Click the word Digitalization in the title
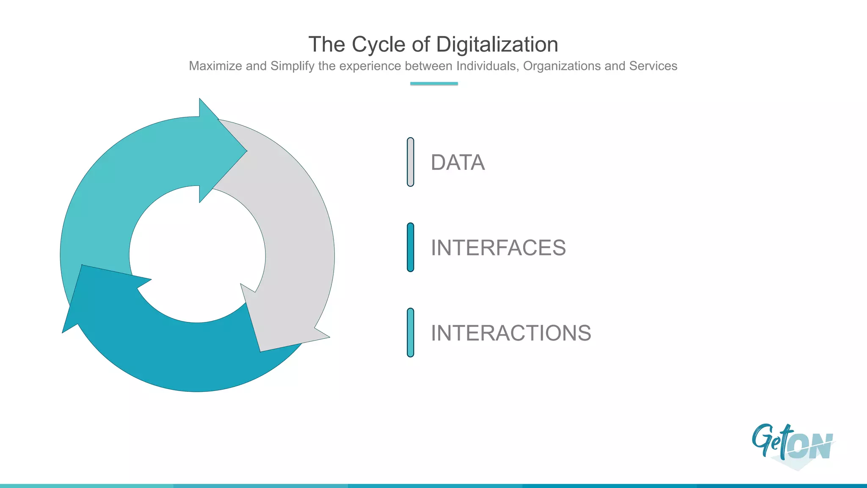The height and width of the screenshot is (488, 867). click(497, 44)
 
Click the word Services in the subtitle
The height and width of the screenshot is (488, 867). click(653, 66)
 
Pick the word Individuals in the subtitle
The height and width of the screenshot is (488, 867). click(487, 66)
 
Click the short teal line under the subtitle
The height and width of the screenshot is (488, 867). click(434, 83)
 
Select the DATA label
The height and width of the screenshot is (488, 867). click(458, 163)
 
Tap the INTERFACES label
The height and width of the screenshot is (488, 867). click(498, 248)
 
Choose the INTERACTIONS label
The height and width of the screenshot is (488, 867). click(511, 333)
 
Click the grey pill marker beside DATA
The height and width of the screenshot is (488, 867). click(410, 162)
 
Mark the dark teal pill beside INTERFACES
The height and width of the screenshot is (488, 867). click(410, 247)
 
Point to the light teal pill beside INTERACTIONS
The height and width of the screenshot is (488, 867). click(410, 333)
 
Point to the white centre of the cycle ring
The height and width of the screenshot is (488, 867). click(197, 254)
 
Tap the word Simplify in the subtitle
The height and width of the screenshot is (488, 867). click(293, 66)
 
